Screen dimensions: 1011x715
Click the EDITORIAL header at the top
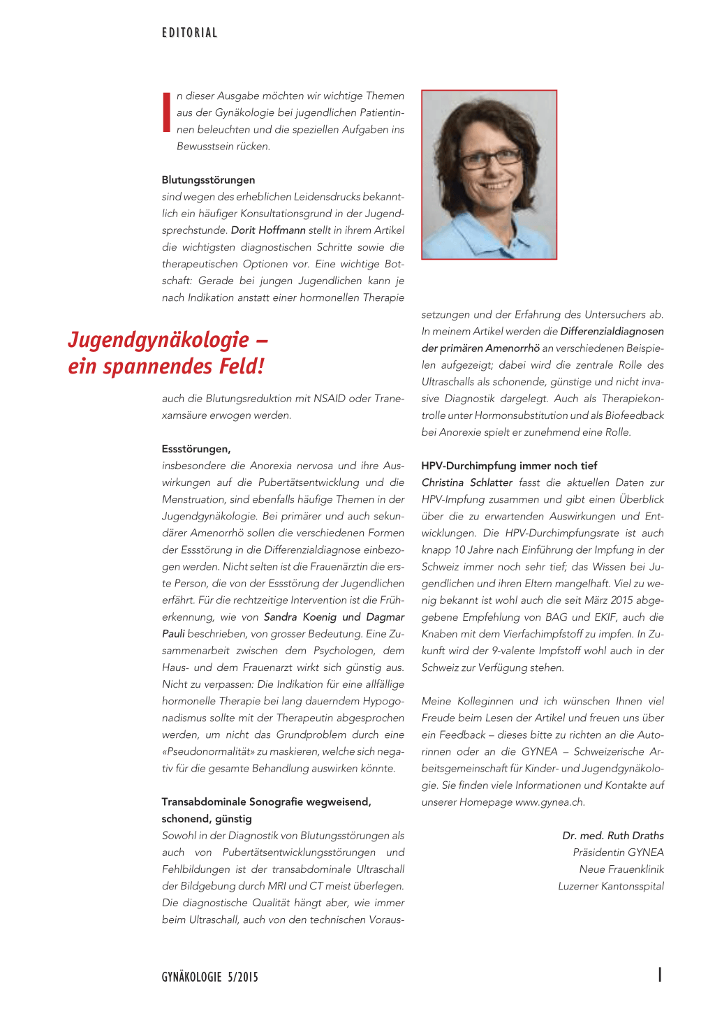click(189, 33)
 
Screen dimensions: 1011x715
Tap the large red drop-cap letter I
click(166, 112)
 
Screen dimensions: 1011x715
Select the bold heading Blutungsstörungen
click(208, 180)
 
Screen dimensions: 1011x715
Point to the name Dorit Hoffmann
click(268, 230)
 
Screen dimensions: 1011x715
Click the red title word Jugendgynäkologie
click(159, 340)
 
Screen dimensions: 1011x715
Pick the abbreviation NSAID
click(330, 399)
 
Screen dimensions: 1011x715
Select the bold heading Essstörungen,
click(196, 449)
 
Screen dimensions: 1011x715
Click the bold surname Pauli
click(173, 634)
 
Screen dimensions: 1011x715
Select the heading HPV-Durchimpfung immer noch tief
click(509, 466)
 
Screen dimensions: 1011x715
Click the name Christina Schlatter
click(467, 483)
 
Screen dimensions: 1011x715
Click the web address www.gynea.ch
click(550, 802)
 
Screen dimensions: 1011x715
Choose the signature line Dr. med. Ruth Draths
click(612, 836)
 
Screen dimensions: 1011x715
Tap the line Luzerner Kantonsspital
click(611, 886)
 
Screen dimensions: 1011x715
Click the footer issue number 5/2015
click(242, 977)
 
